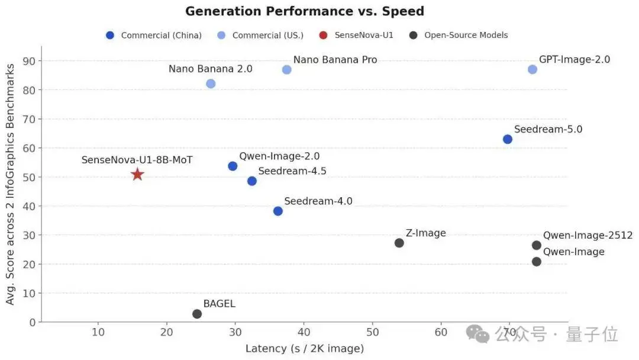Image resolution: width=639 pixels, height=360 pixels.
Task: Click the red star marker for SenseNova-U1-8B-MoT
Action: click(137, 174)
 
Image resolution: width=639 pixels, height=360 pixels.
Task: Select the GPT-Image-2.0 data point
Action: click(532, 69)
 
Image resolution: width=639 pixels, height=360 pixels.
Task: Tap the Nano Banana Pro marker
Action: click(287, 69)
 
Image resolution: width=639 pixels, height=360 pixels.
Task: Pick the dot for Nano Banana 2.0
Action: click(211, 83)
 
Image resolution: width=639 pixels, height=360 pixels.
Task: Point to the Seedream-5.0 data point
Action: click(508, 139)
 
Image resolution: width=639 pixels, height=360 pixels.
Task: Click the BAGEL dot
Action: click(197, 314)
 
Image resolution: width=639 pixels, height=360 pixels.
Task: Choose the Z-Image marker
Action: click(399, 243)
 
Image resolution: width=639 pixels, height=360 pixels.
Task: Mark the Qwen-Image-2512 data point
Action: click(537, 245)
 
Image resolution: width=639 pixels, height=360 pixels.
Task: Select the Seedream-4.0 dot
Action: click(278, 211)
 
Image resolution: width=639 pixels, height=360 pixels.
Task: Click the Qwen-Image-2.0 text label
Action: click(279, 156)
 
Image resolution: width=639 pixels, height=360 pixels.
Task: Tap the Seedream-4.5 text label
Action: click(292, 171)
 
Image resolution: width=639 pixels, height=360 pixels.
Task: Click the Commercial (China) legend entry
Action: click(154, 35)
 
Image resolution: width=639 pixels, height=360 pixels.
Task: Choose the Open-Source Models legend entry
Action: click(459, 35)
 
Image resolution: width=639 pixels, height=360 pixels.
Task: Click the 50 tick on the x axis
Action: click(372, 333)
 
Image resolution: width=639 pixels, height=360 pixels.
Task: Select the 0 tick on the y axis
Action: click(33, 322)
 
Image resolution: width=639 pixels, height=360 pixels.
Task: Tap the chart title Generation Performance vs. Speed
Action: click(305, 11)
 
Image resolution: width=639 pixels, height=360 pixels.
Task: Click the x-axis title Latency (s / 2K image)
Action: click(305, 349)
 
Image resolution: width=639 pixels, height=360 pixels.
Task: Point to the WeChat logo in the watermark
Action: click(478, 334)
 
